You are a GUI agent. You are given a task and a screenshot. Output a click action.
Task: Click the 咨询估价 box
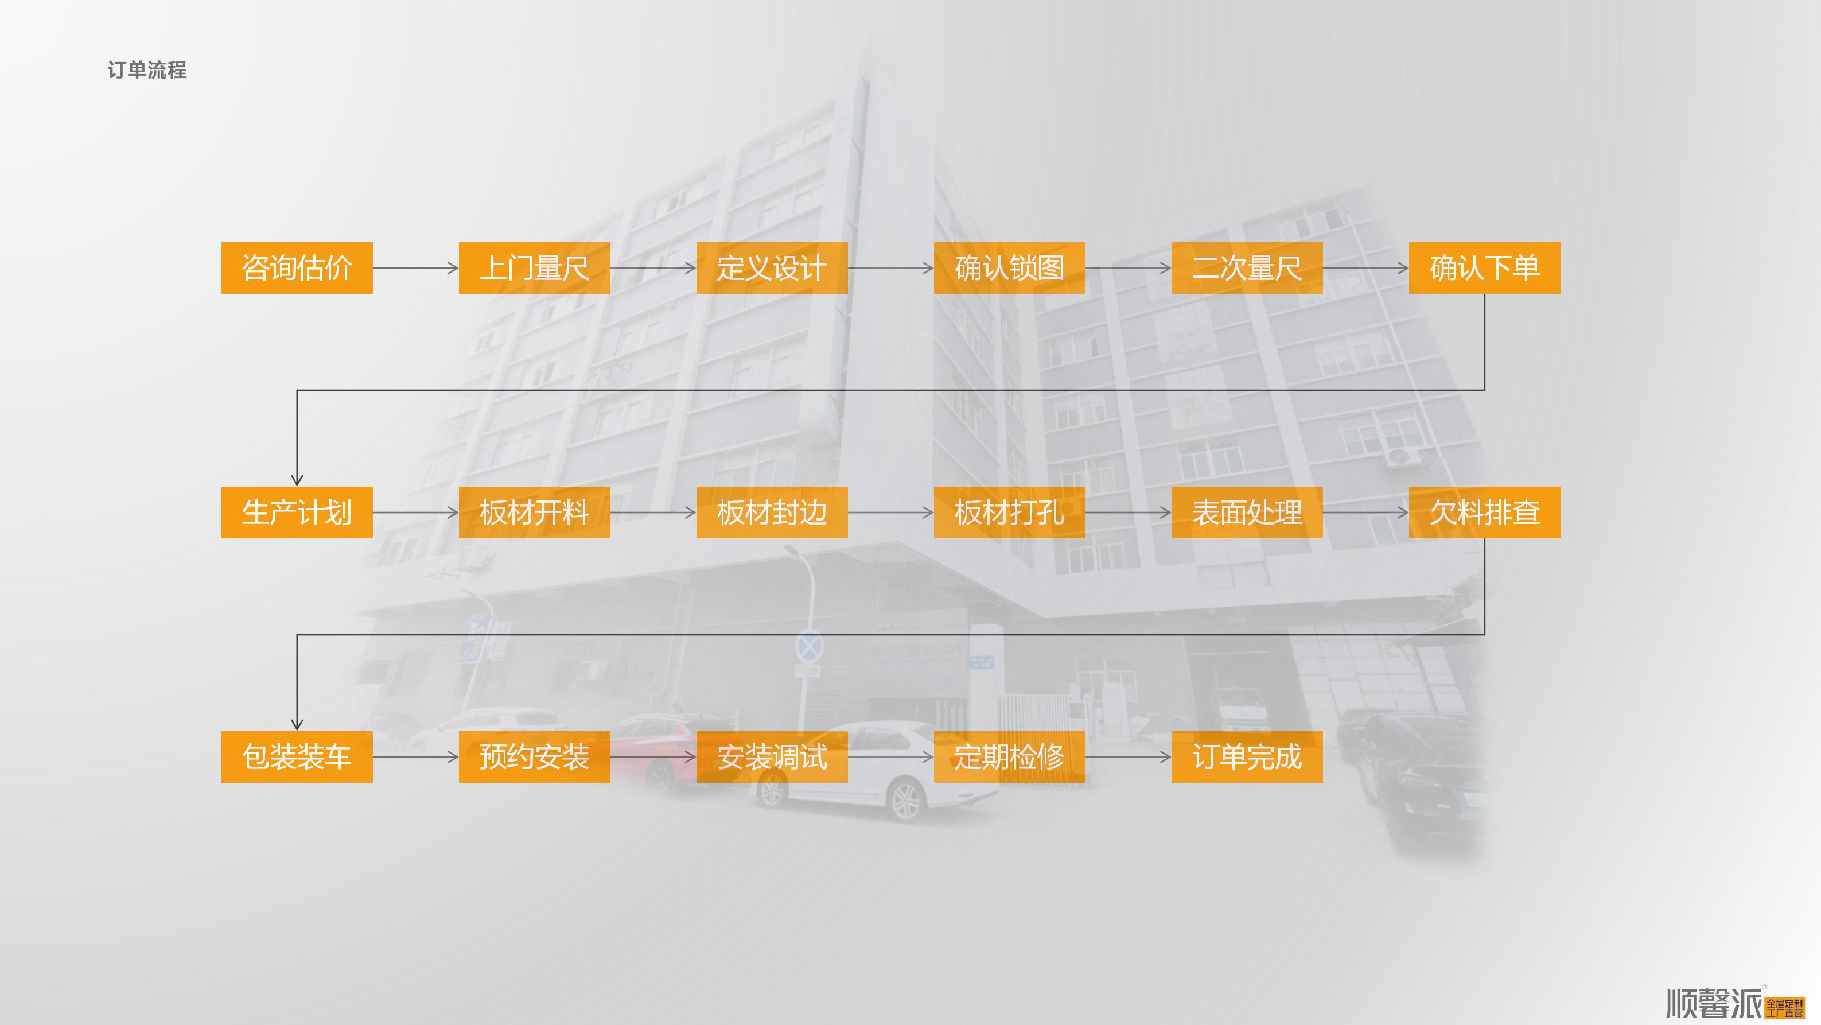[x=297, y=268]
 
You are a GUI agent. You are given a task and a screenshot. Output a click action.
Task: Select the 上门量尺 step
[x=535, y=268]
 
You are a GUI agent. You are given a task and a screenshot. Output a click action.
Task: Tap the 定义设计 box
[x=772, y=268]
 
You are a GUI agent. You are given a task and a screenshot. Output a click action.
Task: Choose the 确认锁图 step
[x=1010, y=268]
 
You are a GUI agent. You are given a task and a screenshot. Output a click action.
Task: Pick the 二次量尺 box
[x=1247, y=268]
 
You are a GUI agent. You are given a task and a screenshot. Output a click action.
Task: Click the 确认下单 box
[x=1485, y=268]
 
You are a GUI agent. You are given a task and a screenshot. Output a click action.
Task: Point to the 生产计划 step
[x=297, y=512]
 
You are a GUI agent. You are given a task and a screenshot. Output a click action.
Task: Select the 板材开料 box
[x=535, y=512]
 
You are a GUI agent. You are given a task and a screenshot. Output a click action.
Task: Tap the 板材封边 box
[x=772, y=512]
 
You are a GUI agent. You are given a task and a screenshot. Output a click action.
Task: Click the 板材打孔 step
[x=1010, y=512]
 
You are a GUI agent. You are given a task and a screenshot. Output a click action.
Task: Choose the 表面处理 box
[x=1247, y=512]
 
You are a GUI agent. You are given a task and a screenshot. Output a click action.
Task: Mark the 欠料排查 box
[x=1485, y=512]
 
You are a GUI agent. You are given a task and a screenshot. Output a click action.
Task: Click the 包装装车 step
[x=297, y=757]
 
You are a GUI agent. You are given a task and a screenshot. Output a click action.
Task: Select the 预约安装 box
[x=535, y=757]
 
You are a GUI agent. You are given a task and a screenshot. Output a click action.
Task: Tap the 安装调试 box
[x=772, y=757]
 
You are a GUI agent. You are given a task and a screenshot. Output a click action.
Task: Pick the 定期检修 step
[x=1010, y=757]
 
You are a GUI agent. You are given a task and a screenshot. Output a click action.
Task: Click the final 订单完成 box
[x=1247, y=757]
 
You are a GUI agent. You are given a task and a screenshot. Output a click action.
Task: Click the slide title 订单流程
[x=147, y=70]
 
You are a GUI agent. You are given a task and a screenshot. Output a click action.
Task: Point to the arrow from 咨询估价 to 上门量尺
[x=415, y=268]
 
